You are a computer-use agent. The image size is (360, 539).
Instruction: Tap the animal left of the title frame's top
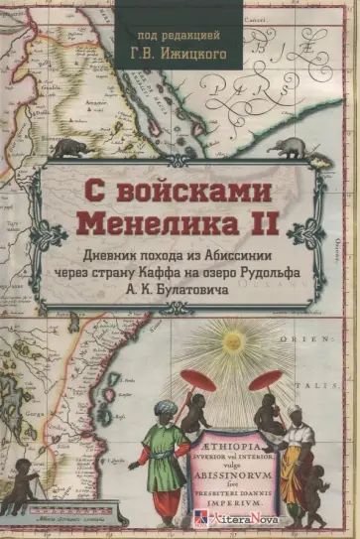pos(69,148)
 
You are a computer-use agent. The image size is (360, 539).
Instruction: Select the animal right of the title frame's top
pos(290,148)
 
